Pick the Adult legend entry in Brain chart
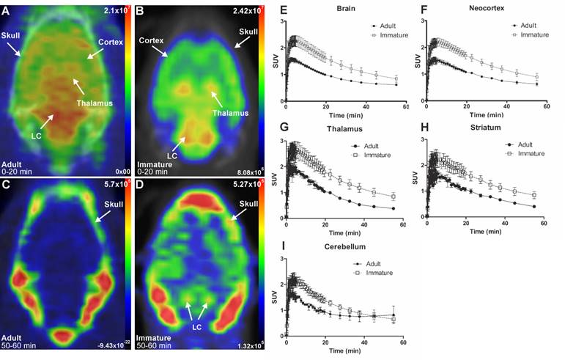(x=386, y=25)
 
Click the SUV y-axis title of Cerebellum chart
(x=272, y=297)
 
